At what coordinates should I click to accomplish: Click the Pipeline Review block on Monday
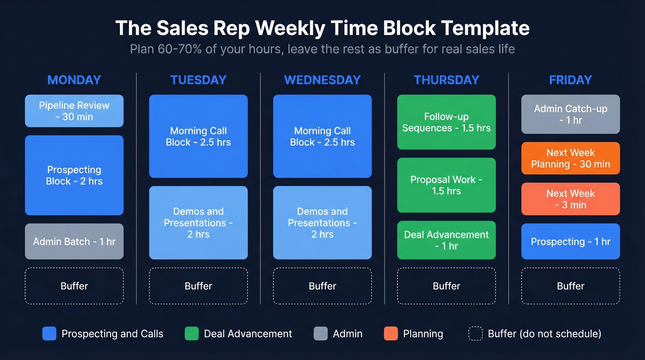[74, 111]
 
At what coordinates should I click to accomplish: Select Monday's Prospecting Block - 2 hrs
[74, 175]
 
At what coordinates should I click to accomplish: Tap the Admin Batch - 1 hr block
[74, 242]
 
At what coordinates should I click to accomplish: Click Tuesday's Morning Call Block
[198, 136]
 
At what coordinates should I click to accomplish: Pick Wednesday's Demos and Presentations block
[322, 223]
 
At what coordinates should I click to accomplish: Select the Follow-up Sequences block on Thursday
[446, 122]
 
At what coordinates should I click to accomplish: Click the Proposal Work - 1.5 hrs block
[446, 185]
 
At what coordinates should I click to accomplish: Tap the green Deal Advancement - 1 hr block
[446, 240]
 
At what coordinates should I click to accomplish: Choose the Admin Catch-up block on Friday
[570, 114]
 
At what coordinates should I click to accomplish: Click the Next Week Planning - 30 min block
[570, 159]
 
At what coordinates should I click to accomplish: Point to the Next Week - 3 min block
[570, 199]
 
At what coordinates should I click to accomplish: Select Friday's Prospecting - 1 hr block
[570, 242]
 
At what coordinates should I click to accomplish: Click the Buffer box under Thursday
[446, 286]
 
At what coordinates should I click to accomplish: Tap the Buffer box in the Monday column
[74, 286]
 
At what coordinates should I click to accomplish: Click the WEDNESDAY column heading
[322, 80]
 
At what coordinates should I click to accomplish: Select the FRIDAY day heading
[570, 80]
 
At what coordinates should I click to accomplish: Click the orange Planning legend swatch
[391, 334]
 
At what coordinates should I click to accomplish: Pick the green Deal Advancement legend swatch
[192, 334]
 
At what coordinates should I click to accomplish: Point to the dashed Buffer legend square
[475, 334]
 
